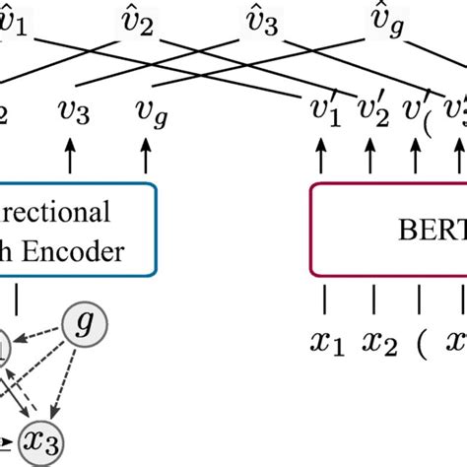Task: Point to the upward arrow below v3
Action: pyautogui.click(x=71, y=157)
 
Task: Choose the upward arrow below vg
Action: pyautogui.click(x=146, y=157)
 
